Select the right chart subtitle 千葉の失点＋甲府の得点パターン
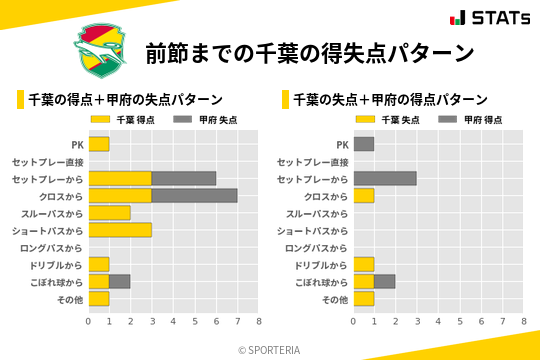pyautogui.click(x=390, y=99)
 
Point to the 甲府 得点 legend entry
pyautogui.click(x=466, y=119)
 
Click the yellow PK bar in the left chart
pyautogui.click(x=99, y=144)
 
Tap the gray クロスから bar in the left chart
pyautogui.click(x=194, y=196)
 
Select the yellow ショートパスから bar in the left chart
pyautogui.click(x=120, y=230)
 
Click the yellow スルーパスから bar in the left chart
pyautogui.click(x=110, y=213)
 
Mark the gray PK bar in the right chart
pyautogui.click(x=364, y=144)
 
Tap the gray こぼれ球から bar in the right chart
pyautogui.click(x=385, y=282)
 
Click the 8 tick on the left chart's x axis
pyautogui.click(x=258, y=322)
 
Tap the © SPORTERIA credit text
pyautogui.click(x=269, y=349)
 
